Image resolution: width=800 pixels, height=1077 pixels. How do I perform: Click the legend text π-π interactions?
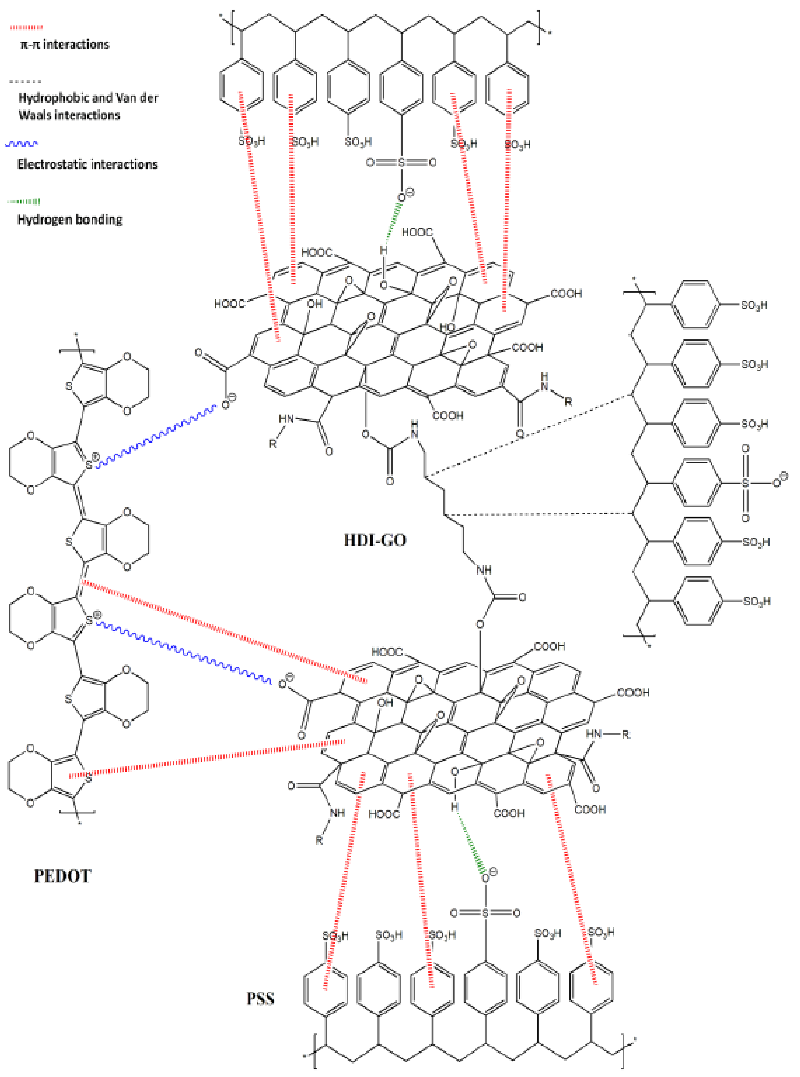point(65,44)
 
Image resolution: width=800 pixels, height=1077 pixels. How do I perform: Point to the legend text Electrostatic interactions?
point(88,164)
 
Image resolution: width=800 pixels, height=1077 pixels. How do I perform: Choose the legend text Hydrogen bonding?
point(70,219)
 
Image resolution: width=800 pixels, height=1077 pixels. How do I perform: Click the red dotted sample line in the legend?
point(27,28)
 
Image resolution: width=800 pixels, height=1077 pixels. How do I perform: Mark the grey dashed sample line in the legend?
point(25,82)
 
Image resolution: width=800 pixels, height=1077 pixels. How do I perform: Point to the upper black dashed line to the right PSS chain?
point(528,435)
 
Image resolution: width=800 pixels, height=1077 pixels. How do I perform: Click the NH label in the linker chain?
point(484,570)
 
